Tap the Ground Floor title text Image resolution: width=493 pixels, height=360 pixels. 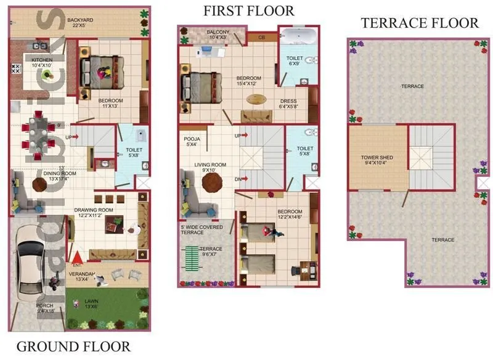73,346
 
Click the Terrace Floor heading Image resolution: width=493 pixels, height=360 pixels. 420,23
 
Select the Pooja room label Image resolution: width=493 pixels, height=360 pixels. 192,142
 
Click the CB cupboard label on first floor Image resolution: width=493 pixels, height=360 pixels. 261,37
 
